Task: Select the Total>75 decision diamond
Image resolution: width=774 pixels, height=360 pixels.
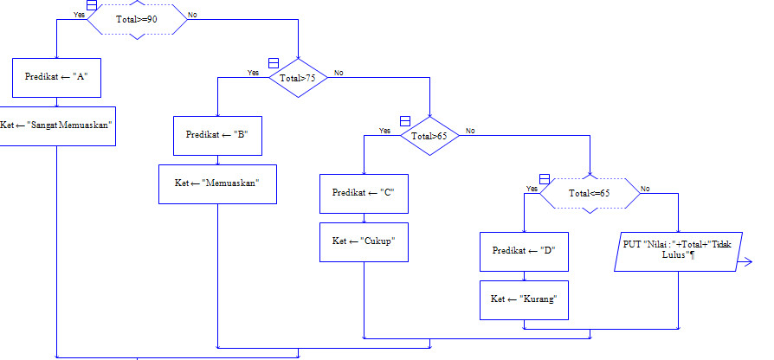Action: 297,78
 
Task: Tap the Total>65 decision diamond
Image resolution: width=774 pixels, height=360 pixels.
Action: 429,136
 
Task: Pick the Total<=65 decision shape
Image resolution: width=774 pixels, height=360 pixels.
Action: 589,193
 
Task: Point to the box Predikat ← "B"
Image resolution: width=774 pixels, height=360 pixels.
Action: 217,136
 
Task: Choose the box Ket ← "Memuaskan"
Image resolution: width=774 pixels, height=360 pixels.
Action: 217,184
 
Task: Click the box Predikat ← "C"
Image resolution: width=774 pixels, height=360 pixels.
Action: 364,193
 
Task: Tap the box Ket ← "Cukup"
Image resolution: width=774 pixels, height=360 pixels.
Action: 364,241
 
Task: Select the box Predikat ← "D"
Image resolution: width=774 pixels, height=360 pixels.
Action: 524,251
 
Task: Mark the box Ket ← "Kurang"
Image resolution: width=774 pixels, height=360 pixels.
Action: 524,299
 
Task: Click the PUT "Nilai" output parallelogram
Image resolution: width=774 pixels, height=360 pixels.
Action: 678,251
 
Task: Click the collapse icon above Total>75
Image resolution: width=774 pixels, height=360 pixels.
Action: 273,64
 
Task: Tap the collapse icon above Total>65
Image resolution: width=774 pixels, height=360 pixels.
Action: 404,121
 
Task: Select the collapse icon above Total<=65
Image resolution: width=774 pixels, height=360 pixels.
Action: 545,178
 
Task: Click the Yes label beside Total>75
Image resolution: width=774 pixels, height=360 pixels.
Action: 253,73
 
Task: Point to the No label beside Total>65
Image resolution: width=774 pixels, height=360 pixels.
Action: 470,131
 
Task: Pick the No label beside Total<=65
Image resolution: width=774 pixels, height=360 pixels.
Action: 645,188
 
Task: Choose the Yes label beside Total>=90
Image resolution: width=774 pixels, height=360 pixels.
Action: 80,15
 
